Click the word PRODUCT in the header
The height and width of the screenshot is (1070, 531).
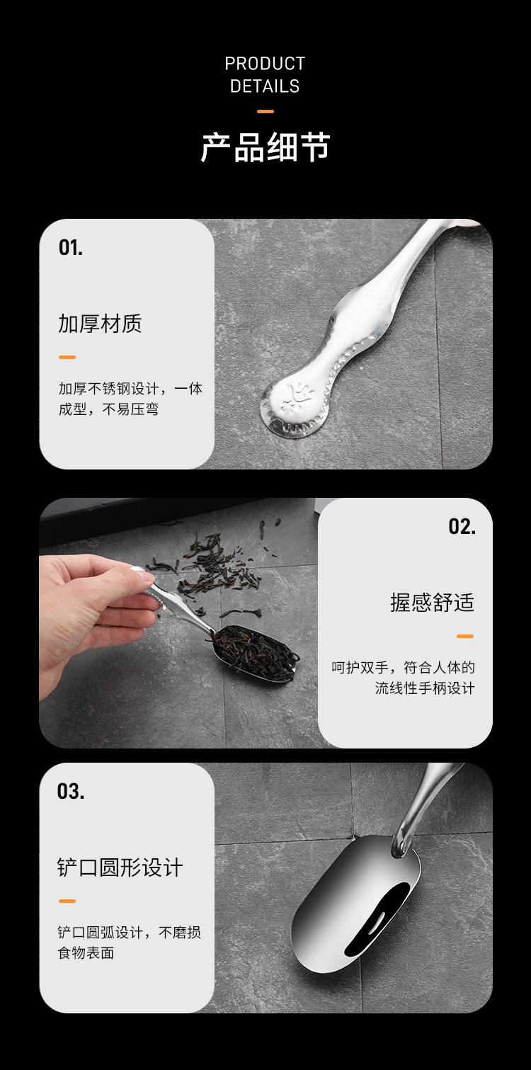(265, 64)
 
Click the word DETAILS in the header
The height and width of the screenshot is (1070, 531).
(265, 86)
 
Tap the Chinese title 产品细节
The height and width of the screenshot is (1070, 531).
(265, 147)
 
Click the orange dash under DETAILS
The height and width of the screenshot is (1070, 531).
(265, 111)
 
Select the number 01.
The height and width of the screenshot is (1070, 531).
(71, 248)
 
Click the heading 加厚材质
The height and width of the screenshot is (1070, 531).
(100, 324)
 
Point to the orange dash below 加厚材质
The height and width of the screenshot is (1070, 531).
(67, 357)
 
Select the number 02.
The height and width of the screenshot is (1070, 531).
(462, 526)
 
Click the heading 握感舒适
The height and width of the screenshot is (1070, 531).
(432, 603)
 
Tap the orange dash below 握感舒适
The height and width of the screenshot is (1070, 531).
(464, 636)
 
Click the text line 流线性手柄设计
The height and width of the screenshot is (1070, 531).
(425, 688)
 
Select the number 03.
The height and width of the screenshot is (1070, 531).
(71, 791)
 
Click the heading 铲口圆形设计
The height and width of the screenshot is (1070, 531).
(120, 867)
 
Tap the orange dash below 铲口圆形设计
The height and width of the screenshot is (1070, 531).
(67, 901)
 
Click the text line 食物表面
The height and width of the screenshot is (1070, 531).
(86, 952)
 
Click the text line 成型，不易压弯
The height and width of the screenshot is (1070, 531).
(108, 409)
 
